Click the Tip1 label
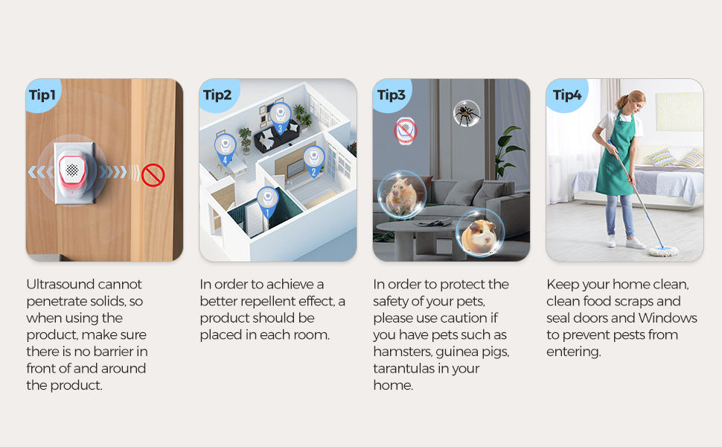click(42, 95)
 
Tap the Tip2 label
click(217, 95)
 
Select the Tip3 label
click(391, 95)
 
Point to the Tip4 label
click(567, 95)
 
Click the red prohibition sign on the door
click(153, 175)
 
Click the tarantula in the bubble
click(467, 113)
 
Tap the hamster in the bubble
click(401, 194)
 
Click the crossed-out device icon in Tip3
click(406, 130)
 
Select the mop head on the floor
click(663, 251)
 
